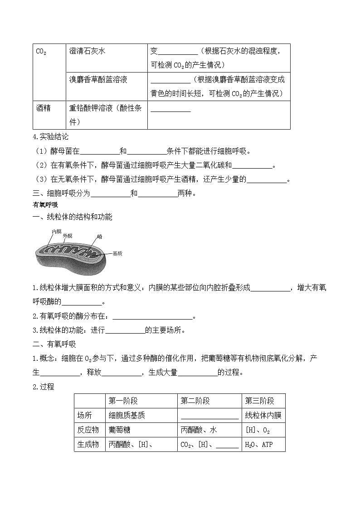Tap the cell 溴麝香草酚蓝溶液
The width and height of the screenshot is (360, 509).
click(98, 80)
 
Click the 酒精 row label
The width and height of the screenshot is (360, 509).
click(43, 108)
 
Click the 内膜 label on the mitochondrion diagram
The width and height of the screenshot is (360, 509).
click(57, 232)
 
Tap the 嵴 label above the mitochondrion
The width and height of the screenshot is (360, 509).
click(99, 237)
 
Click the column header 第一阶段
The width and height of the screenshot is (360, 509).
click(123, 401)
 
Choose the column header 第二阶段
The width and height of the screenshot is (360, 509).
click(195, 401)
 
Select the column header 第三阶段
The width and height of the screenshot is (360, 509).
click(259, 401)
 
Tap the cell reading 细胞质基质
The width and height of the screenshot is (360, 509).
click(127, 415)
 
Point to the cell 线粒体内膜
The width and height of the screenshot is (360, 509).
click(263, 415)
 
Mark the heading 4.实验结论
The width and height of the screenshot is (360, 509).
click(51, 136)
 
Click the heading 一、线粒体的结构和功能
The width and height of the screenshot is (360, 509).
click(73, 217)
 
